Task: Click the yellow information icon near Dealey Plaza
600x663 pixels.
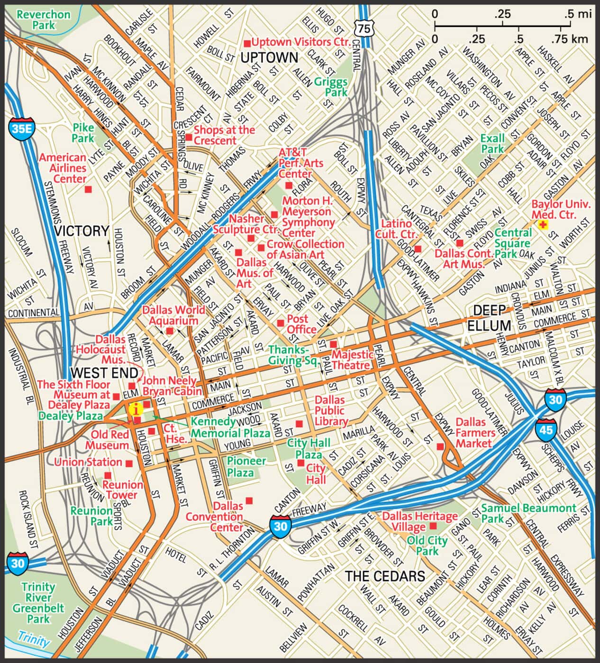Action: tap(136, 409)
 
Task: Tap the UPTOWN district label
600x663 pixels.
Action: tap(269, 58)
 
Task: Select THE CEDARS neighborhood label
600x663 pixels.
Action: tap(385, 576)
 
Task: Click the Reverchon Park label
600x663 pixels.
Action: tap(43, 19)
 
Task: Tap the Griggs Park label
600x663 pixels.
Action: tap(331, 87)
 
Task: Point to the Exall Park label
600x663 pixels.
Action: tap(492, 143)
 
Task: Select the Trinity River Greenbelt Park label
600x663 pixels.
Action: tap(38, 602)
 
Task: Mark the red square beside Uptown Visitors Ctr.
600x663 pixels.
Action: tap(247, 44)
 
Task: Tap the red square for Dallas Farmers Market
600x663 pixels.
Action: tap(440, 446)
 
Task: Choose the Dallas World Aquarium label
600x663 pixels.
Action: tap(173, 315)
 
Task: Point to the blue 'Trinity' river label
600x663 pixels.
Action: tap(33, 639)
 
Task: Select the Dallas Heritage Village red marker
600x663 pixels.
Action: tap(433, 526)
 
